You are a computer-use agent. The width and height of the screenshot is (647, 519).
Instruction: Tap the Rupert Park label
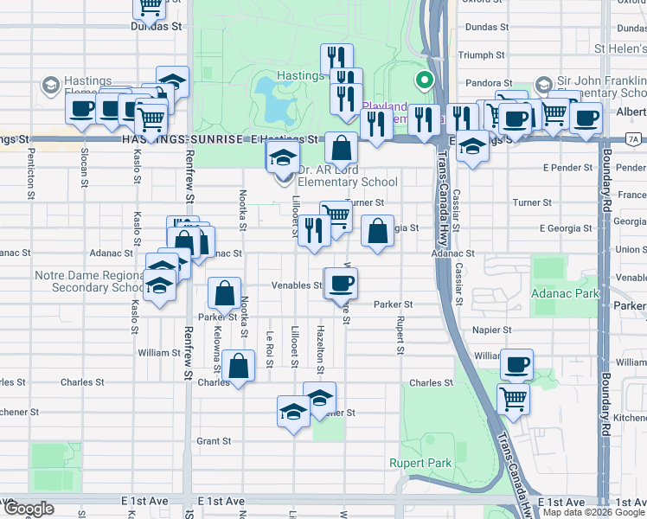click(420, 463)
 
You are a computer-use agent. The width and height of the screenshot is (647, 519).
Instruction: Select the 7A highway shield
click(633, 138)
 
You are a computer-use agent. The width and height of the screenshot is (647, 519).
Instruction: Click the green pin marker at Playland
click(424, 83)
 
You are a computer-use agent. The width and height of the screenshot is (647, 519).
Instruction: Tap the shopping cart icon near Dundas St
click(150, 7)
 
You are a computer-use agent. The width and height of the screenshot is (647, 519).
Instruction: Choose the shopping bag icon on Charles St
click(239, 366)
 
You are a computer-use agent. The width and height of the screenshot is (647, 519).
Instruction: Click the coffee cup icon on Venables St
click(342, 282)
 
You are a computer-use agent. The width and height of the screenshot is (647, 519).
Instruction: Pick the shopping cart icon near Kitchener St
click(514, 400)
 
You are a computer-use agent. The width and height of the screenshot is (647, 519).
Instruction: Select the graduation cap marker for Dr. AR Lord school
click(282, 160)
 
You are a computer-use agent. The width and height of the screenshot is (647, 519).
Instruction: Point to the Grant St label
click(214, 440)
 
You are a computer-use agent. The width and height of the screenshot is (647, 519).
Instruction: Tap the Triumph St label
click(487, 54)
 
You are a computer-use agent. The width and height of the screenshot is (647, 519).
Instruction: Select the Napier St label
click(492, 330)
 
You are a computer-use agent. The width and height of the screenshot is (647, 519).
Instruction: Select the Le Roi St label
click(270, 346)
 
